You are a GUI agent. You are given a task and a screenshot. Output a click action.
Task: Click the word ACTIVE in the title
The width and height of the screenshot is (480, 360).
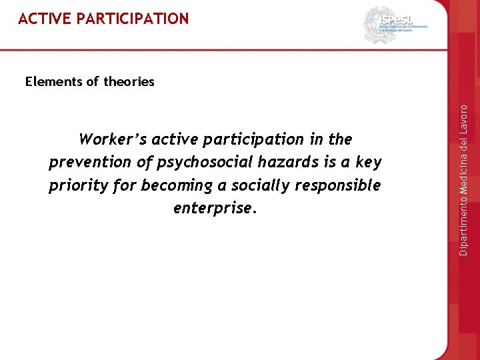(x=45, y=19)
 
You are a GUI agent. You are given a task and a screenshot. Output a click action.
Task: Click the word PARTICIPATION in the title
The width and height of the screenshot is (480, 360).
(x=133, y=19)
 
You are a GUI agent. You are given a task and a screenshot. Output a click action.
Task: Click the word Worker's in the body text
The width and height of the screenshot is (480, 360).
(x=113, y=139)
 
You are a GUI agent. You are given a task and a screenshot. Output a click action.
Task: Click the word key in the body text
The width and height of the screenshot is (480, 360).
(x=369, y=162)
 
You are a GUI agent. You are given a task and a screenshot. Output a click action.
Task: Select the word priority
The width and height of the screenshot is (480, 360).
(x=78, y=185)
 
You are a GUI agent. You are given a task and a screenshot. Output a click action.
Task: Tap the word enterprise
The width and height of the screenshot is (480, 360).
(x=214, y=208)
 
